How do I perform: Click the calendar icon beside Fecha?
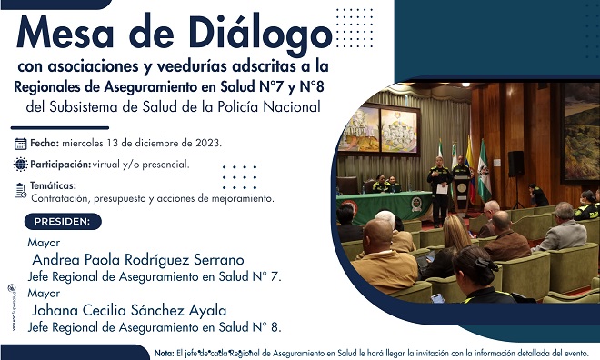21,144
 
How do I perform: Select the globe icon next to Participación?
21,165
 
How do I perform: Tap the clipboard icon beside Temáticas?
21,190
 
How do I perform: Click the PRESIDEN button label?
62,221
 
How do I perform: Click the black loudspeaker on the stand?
515,163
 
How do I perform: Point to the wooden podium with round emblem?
463,194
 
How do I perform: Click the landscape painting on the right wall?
580,132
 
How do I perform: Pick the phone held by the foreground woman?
438,296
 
